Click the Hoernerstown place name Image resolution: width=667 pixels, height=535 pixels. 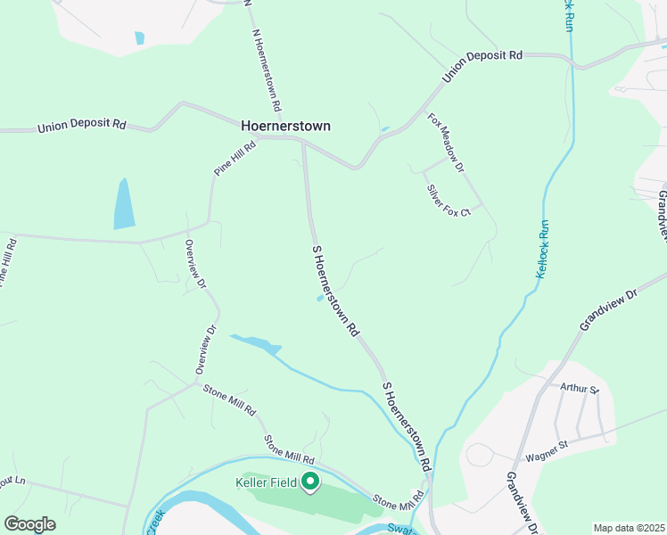pos(285,126)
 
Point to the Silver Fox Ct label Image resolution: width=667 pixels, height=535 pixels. pos(448,201)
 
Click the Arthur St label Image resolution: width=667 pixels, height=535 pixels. pos(580,388)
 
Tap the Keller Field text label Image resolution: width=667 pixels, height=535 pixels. pos(265,483)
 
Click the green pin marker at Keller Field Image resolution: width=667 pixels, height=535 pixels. pos(310,482)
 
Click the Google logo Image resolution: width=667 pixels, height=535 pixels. pos(29,524)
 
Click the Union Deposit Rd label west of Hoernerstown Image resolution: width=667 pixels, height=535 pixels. pos(82,127)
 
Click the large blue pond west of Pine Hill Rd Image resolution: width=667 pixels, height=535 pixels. pos(124,205)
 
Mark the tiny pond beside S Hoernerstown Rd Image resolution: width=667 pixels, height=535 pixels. pos(319,299)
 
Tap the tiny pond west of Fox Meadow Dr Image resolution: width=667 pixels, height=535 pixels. pos(384,130)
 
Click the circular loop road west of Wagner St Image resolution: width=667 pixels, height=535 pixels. pos(479,455)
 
